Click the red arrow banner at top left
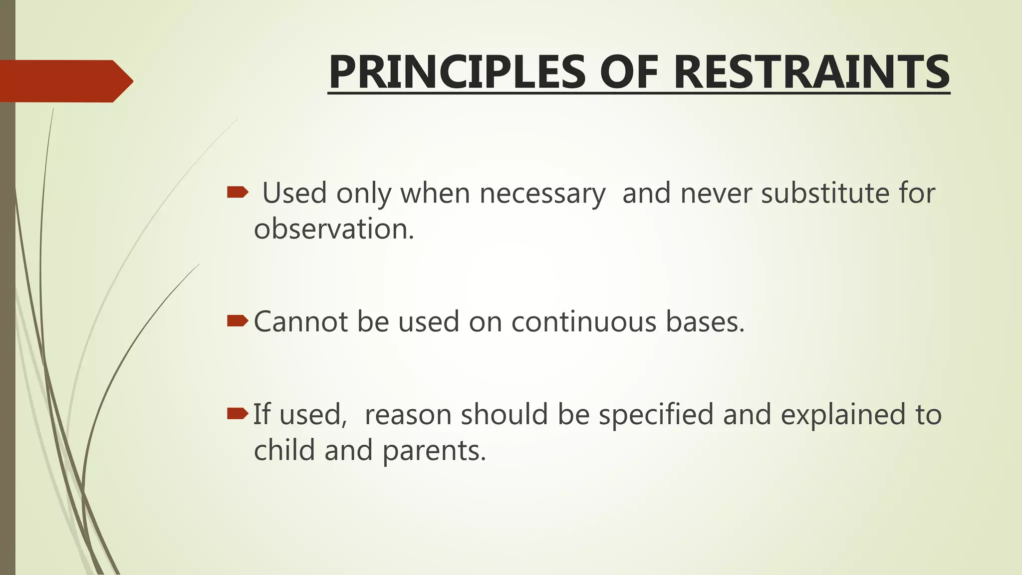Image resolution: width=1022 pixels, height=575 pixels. click(x=65, y=81)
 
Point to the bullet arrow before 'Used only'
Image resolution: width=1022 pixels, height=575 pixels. click(x=238, y=192)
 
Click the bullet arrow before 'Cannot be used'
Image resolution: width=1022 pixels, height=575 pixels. click(x=238, y=320)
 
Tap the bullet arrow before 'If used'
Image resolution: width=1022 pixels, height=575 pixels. click(x=238, y=413)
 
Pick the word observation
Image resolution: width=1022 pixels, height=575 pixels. click(x=334, y=229)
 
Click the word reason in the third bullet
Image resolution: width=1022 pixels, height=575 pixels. click(x=408, y=415)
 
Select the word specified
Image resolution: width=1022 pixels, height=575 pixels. click(x=656, y=415)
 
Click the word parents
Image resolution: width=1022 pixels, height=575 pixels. click(x=434, y=451)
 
